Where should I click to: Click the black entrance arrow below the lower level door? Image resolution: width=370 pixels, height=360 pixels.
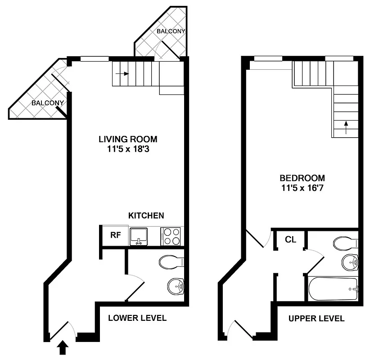pyautogui.click(x=63, y=347)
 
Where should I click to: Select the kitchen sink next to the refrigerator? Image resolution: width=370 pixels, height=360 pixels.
pyautogui.click(x=139, y=236)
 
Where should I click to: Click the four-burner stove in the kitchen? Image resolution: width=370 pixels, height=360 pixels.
pyautogui.click(x=171, y=236)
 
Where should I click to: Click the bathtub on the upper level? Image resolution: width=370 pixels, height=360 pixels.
pyautogui.click(x=333, y=288)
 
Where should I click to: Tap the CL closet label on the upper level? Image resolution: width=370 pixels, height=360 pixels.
pyautogui.click(x=291, y=239)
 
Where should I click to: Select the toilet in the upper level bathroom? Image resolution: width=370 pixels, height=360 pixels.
pyautogui.click(x=346, y=243)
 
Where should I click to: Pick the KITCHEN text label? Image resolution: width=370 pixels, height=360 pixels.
pyautogui.click(x=146, y=216)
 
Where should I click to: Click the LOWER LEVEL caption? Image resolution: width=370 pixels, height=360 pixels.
pyautogui.click(x=137, y=318)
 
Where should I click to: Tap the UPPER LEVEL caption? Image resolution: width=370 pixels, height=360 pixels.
pyautogui.click(x=316, y=319)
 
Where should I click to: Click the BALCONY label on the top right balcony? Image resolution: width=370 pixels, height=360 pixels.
pyautogui.click(x=171, y=31)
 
